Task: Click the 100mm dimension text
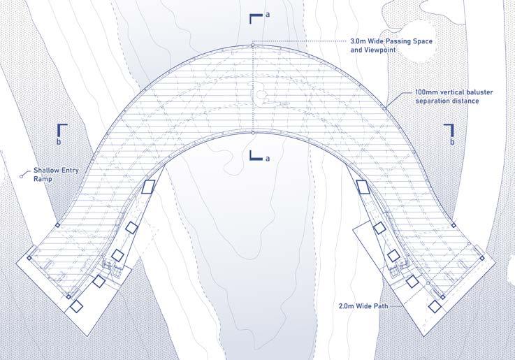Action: (426, 92)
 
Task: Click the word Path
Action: (385, 306)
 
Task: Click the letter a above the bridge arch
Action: (267, 15)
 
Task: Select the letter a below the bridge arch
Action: (266, 159)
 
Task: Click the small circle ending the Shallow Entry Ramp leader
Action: (22, 176)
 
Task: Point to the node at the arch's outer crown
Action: (252, 46)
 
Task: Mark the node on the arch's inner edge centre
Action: (252, 131)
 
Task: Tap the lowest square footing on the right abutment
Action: (435, 306)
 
